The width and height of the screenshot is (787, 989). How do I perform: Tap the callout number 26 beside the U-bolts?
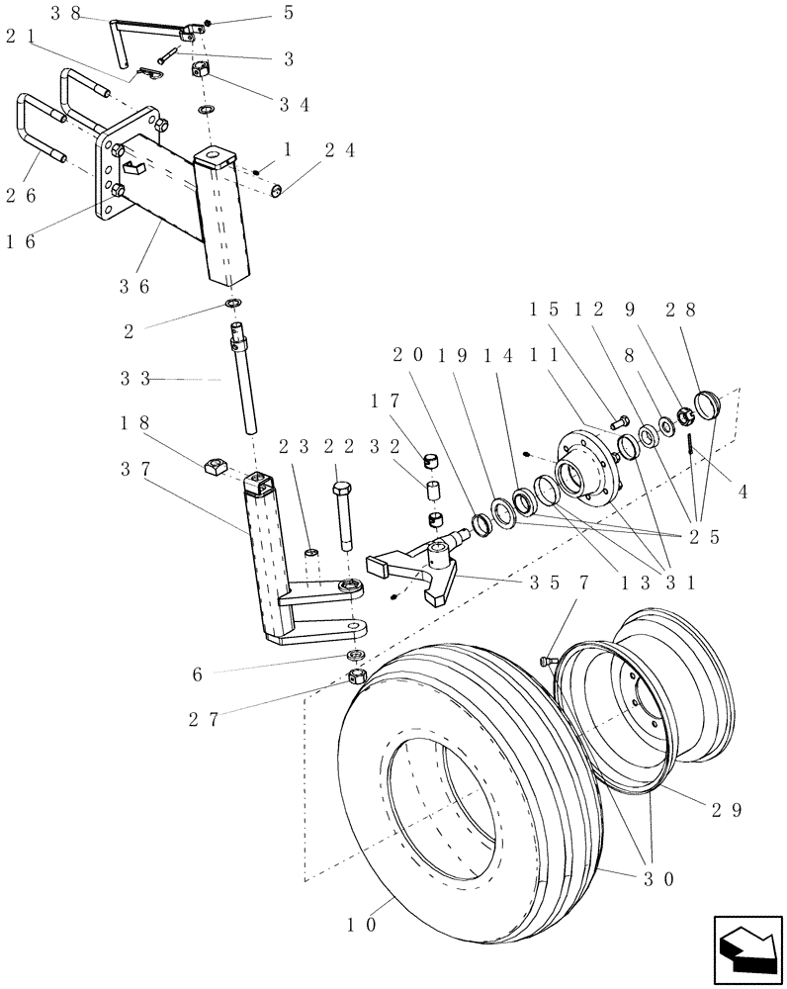tap(22, 195)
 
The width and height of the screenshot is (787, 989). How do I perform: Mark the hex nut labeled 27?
tap(358, 677)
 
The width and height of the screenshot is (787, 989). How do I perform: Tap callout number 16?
tap(22, 240)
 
